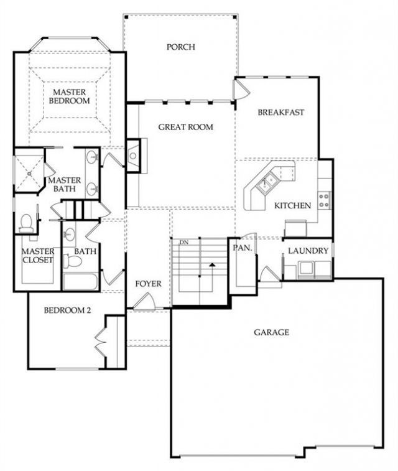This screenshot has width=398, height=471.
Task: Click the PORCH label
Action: click(x=181, y=47)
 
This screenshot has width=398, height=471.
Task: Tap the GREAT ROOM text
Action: click(x=185, y=127)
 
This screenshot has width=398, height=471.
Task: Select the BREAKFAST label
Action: click(x=281, y=113)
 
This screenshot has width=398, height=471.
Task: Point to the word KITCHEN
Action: click(x=293, y=206)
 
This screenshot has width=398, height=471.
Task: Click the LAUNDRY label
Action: click(x=308, y=251)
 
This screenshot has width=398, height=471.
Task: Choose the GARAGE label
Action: click(x=272, y=332)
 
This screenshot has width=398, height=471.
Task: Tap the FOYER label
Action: click(x=148, y=284)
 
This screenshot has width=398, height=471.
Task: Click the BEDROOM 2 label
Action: click(x=67, y=310)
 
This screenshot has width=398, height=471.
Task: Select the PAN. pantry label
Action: click(x=243, y=248)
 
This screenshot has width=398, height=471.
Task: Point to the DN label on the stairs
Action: click(x=184, y=243)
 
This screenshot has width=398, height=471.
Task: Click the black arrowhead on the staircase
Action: click(x=212, y=264)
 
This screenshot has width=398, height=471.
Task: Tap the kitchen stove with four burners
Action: click(x=324, y=200)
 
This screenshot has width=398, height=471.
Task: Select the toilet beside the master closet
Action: click(x=26, y=223)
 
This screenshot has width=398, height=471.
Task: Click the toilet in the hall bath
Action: click(x=72, y=261)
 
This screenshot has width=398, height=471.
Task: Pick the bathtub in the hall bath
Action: click(x=80, y=281)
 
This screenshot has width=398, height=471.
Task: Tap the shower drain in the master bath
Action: click(x=29, y=174)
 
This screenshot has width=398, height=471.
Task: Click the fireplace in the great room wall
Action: click(x=134, y=156)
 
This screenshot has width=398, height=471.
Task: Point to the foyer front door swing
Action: click(x=144, y=301)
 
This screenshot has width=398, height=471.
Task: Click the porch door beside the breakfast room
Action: click(x=241, y=89)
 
